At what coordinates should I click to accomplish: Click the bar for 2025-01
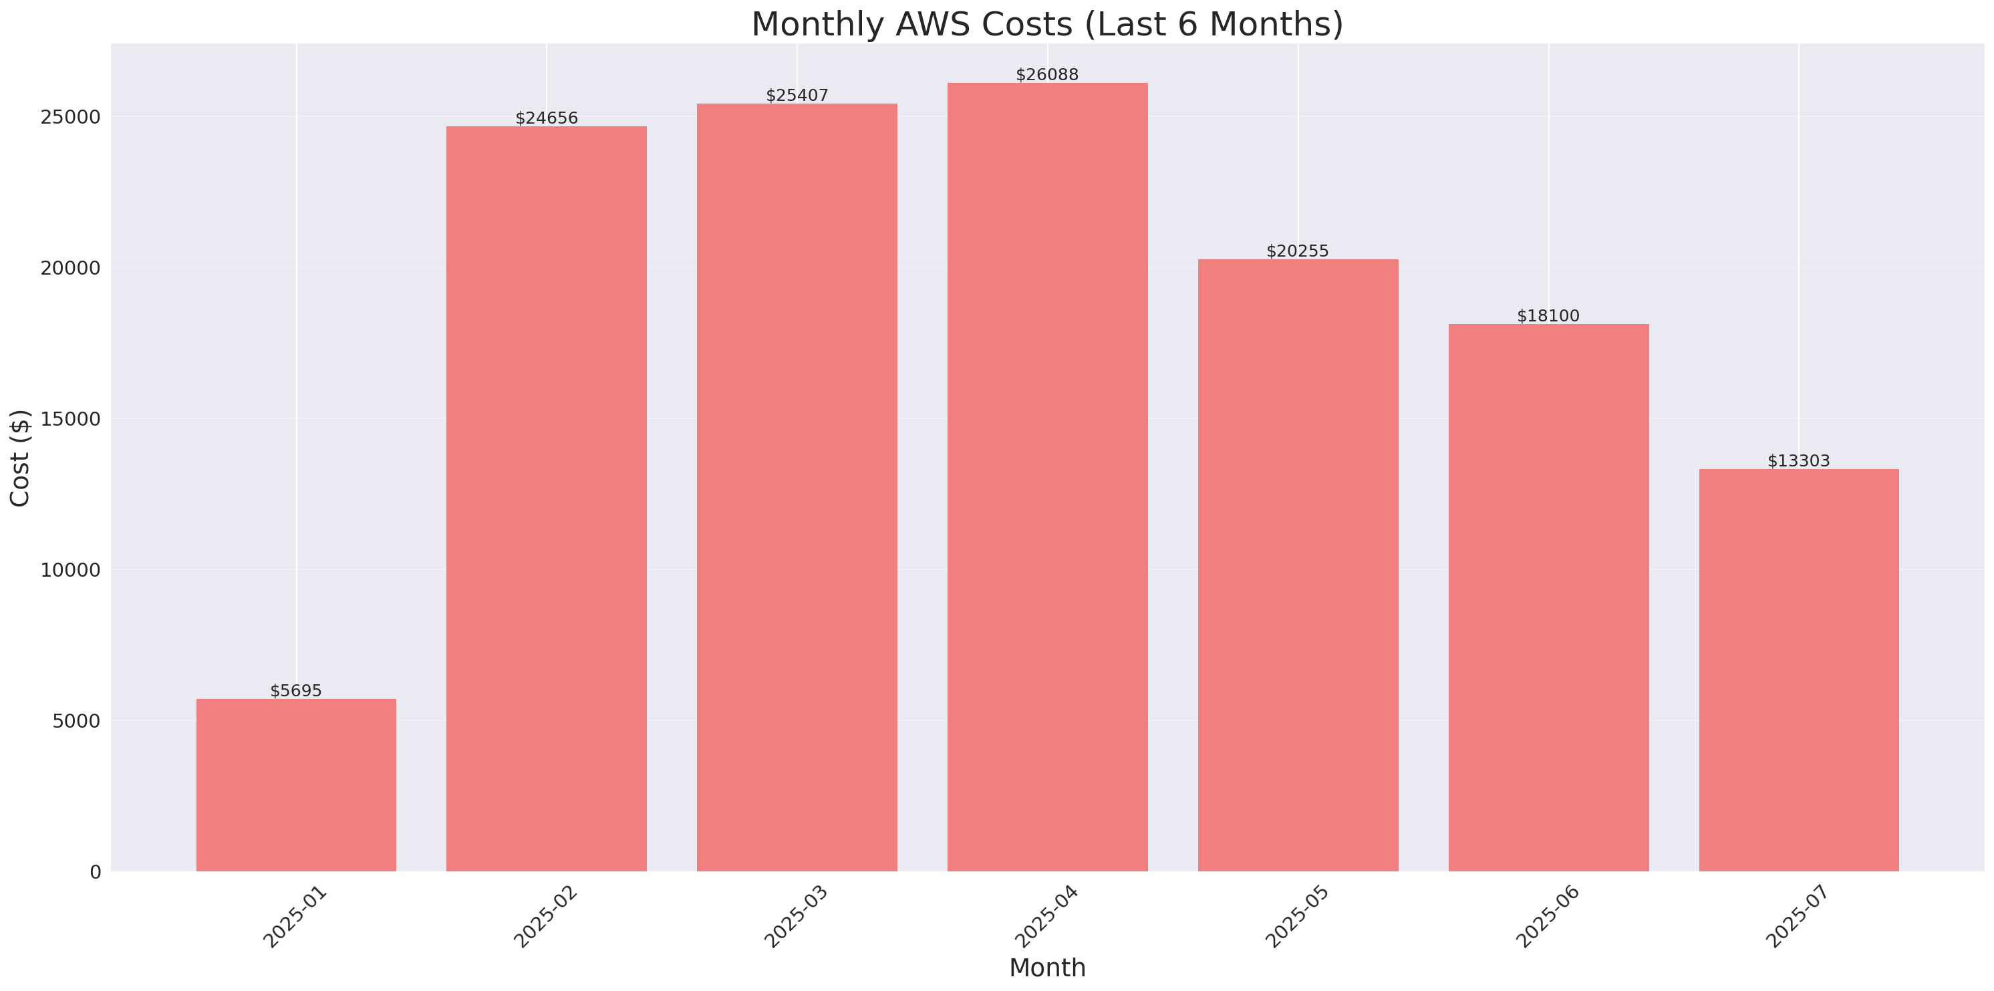pyautogui.click(x=296, y=785)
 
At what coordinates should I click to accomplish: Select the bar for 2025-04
pyautogui.click(x=1047, y=477)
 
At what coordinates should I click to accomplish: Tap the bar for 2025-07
pyautogui.click(x=1799, y=670)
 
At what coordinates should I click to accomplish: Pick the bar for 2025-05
pyautogui.click(x=1298, y=565)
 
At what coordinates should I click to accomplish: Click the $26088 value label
pyautogui.click(x=1047, y=75)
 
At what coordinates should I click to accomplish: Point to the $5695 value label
pyautogui.click(x=296, y=690)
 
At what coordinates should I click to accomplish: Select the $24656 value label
pyautogui.click(x=547, y=118)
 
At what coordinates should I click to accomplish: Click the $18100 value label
pyautogui.click(x=1548, y=316)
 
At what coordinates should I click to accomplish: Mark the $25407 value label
pyautogui.click(x=797, y=96)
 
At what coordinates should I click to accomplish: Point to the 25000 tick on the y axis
pyautogui.click(x=72, y=117)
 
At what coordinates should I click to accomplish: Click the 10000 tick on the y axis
pyautogui.click(x=72, y=570)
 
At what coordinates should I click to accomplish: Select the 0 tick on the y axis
pyautogui.click(x=95, y=873)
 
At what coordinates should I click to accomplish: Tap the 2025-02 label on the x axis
pyautogui.click(x=545, y=917)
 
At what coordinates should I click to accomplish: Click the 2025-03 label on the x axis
pyautogui.click(x=796, y=917)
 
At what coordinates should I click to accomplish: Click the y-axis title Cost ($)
pyautogui.click(x=20, y=458)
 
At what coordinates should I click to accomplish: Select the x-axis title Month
pyautogui.click(x=1047, y=968)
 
